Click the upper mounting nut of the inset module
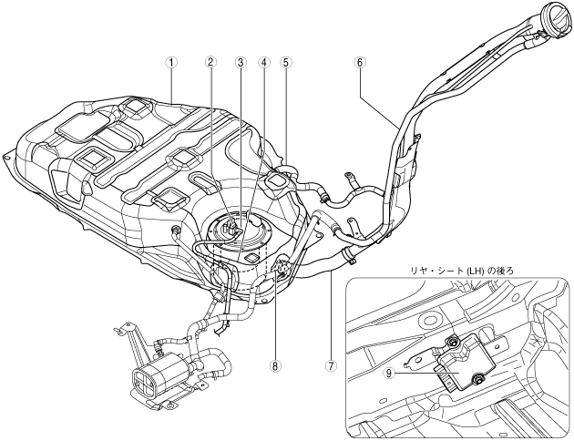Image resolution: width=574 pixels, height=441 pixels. click(x=451, y=342)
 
